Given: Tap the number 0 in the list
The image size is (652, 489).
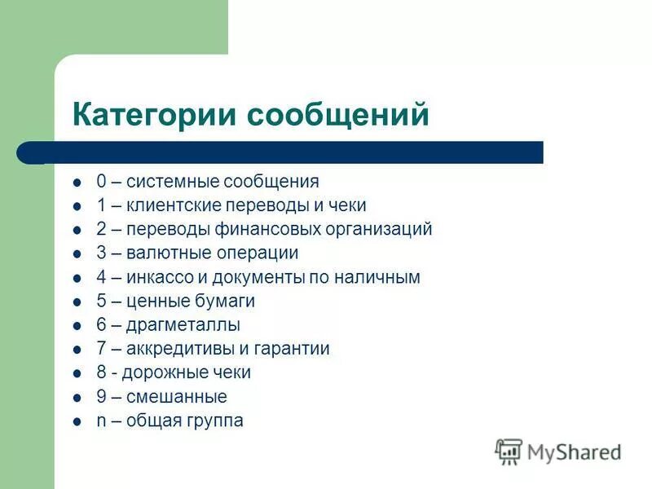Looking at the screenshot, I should (x=100, y=182).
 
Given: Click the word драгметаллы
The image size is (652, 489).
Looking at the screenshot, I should (x=183, y=325).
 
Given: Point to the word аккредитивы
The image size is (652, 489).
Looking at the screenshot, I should (x=174, y=349).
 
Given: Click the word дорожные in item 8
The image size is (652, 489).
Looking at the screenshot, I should (x=161, y=372).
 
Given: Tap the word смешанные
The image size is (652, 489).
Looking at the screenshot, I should (x=176, y=397).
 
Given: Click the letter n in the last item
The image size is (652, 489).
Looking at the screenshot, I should (x=100, y=421).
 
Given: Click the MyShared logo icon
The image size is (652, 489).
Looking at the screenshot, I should (x=509, y=452).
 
